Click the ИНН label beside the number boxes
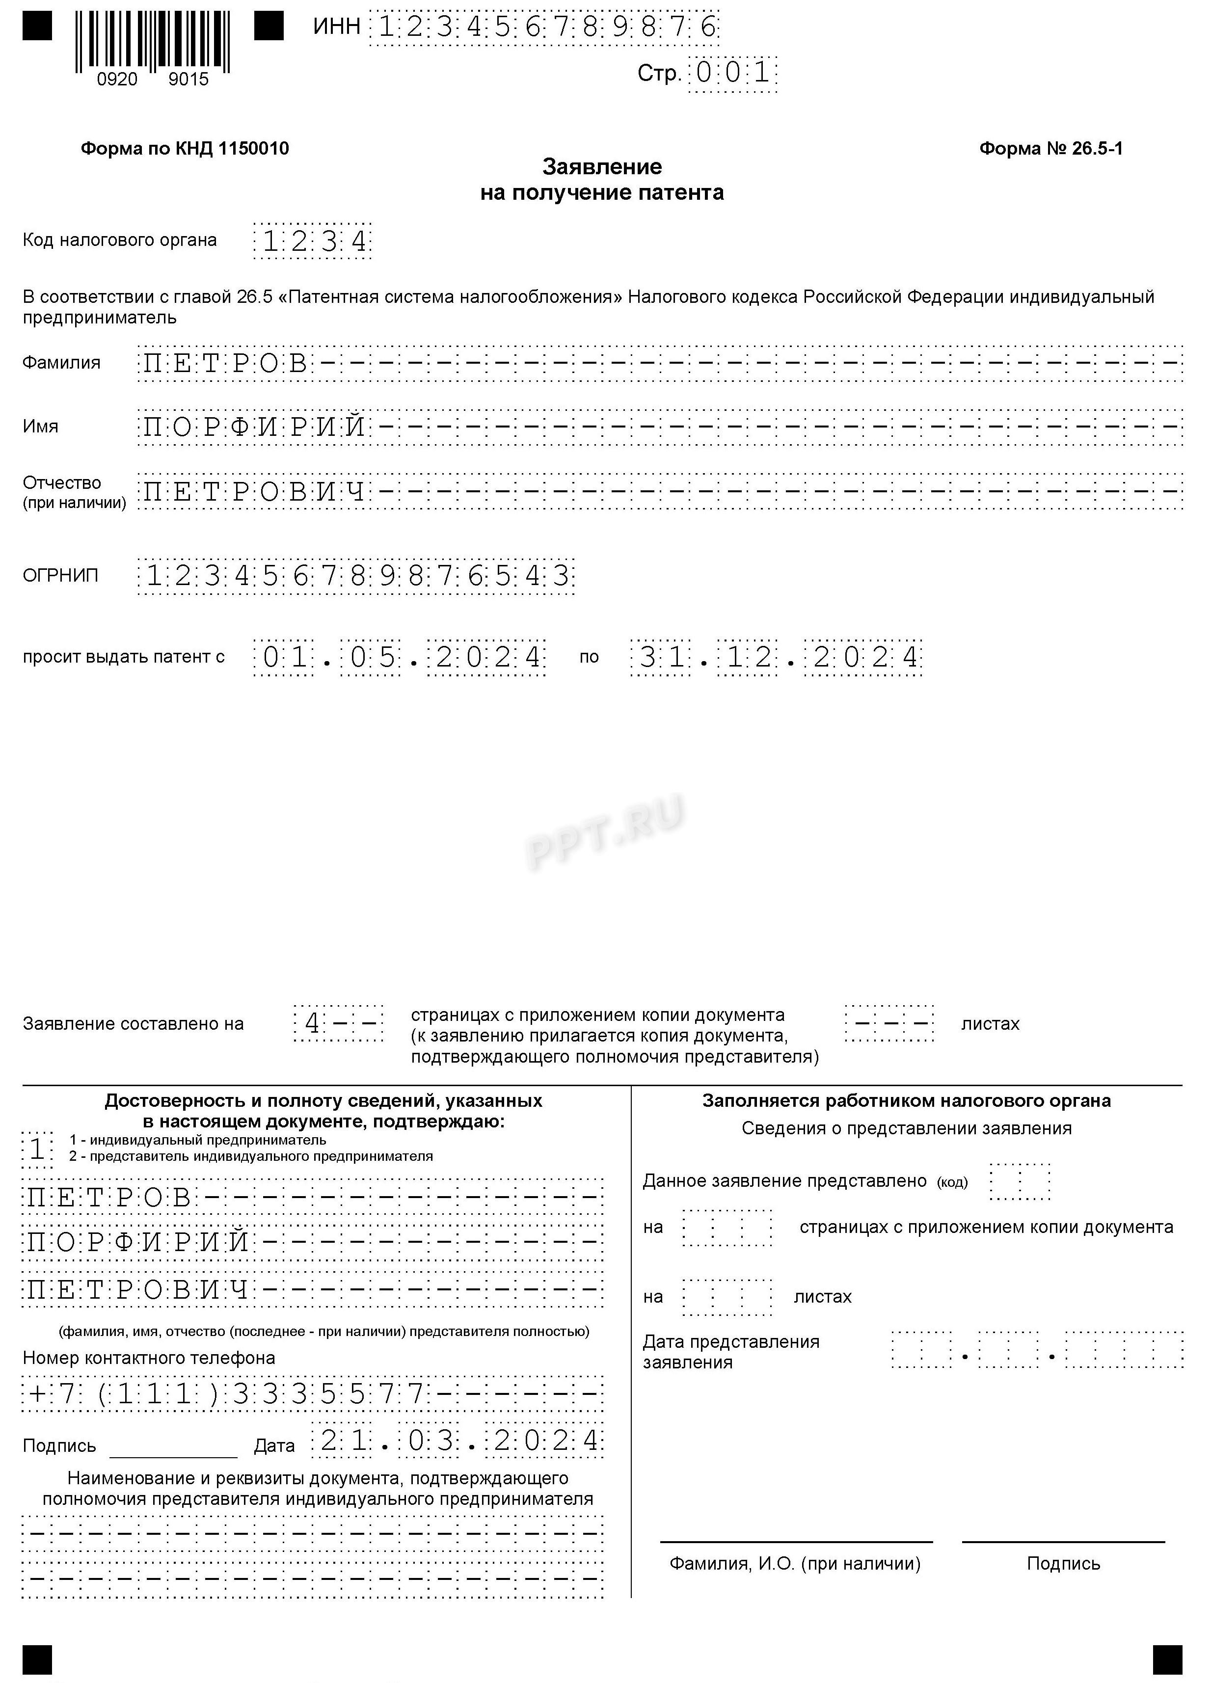point(336,27)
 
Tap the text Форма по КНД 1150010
point(185,148)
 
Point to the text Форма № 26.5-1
point(1050,148)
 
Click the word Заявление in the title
point(602,166)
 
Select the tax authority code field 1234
point(312,241)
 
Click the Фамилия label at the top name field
point(61,363)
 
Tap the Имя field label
point(40,427)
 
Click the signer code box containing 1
point(37,1149)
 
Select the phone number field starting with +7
point(312,1395)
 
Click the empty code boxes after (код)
point(1021,1181)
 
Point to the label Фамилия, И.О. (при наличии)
point(795,1564)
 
